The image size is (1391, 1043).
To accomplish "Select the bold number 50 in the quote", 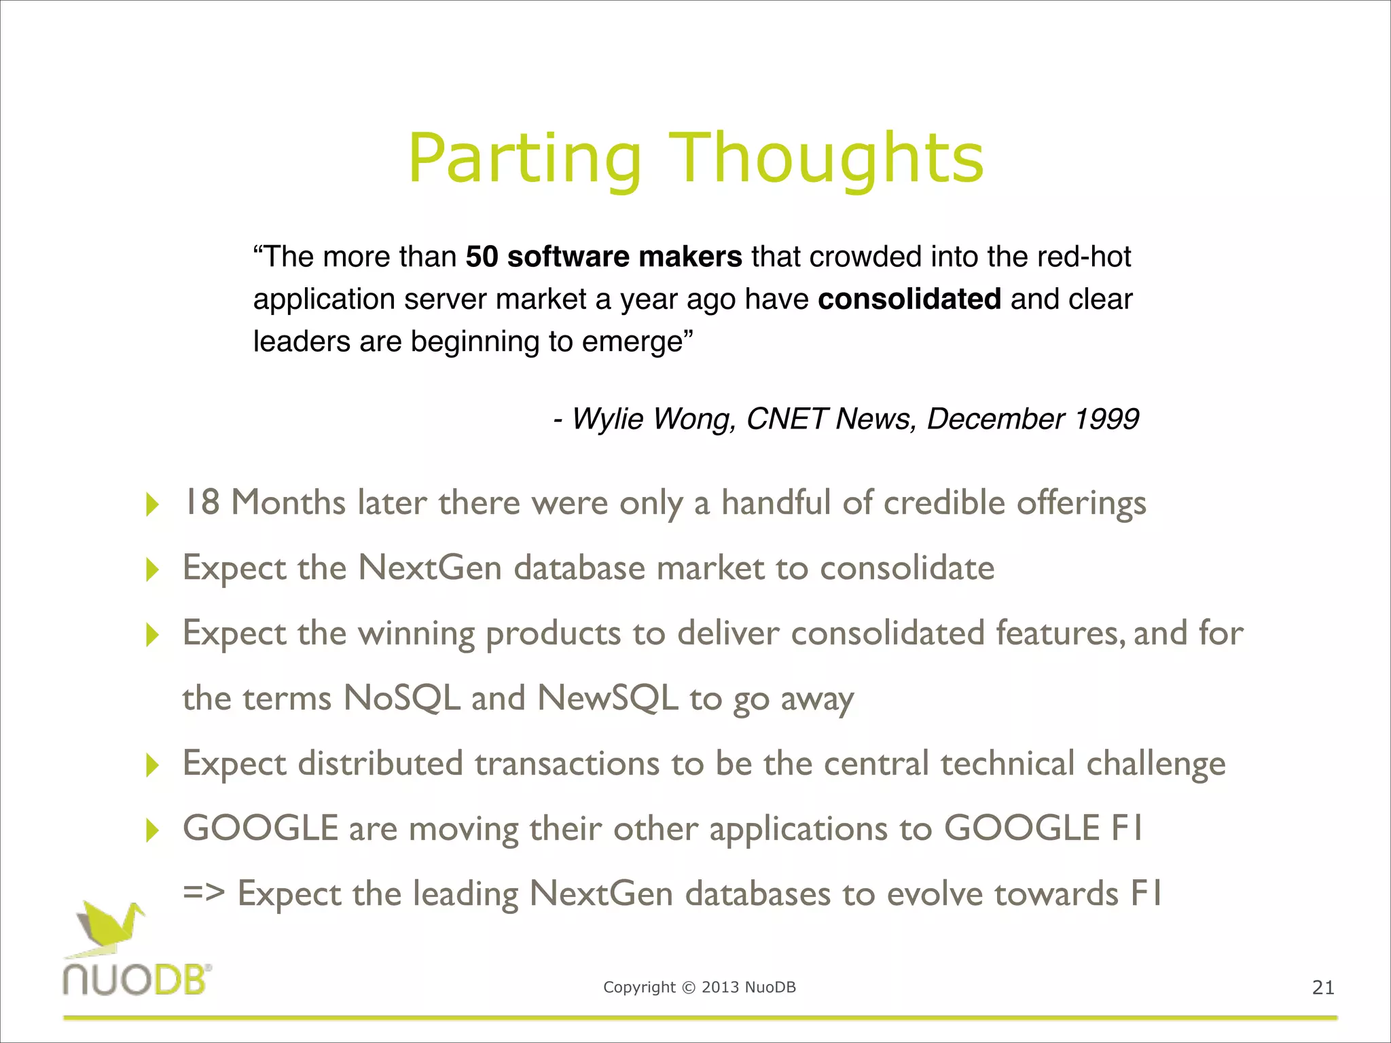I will pyautogui.click(x=482, y=257).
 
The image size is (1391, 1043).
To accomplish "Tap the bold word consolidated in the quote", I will pyautogui.click(x=909, y=299).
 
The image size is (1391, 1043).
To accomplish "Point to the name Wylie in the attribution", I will pyautogui.click(x=609, y=418).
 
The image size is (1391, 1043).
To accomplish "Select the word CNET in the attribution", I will pyautogui.click(x=787, y=418).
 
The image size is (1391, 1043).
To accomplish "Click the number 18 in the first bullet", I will pyautogui.click(x=202, y=502).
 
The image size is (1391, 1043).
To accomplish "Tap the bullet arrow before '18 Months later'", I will pyautogui.click(x=153, y=505).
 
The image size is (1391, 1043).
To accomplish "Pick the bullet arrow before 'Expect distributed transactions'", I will pyautogui.click(x=153, y=765).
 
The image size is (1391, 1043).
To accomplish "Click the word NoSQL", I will pyautogui.click(x=402, y=698).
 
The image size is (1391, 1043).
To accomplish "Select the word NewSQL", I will pyautogui.click(x=607, y=698).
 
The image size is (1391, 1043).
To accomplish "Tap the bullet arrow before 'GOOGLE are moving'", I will pyautogui.click(x=153, y=830).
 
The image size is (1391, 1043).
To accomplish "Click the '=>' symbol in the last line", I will pyautogui.click(x=204, y=893).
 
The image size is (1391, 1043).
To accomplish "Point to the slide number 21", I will pyautogui.click(x=1323, y=987).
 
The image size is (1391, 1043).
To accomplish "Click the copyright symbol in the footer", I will pyautogui.click(x=689, y=987).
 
